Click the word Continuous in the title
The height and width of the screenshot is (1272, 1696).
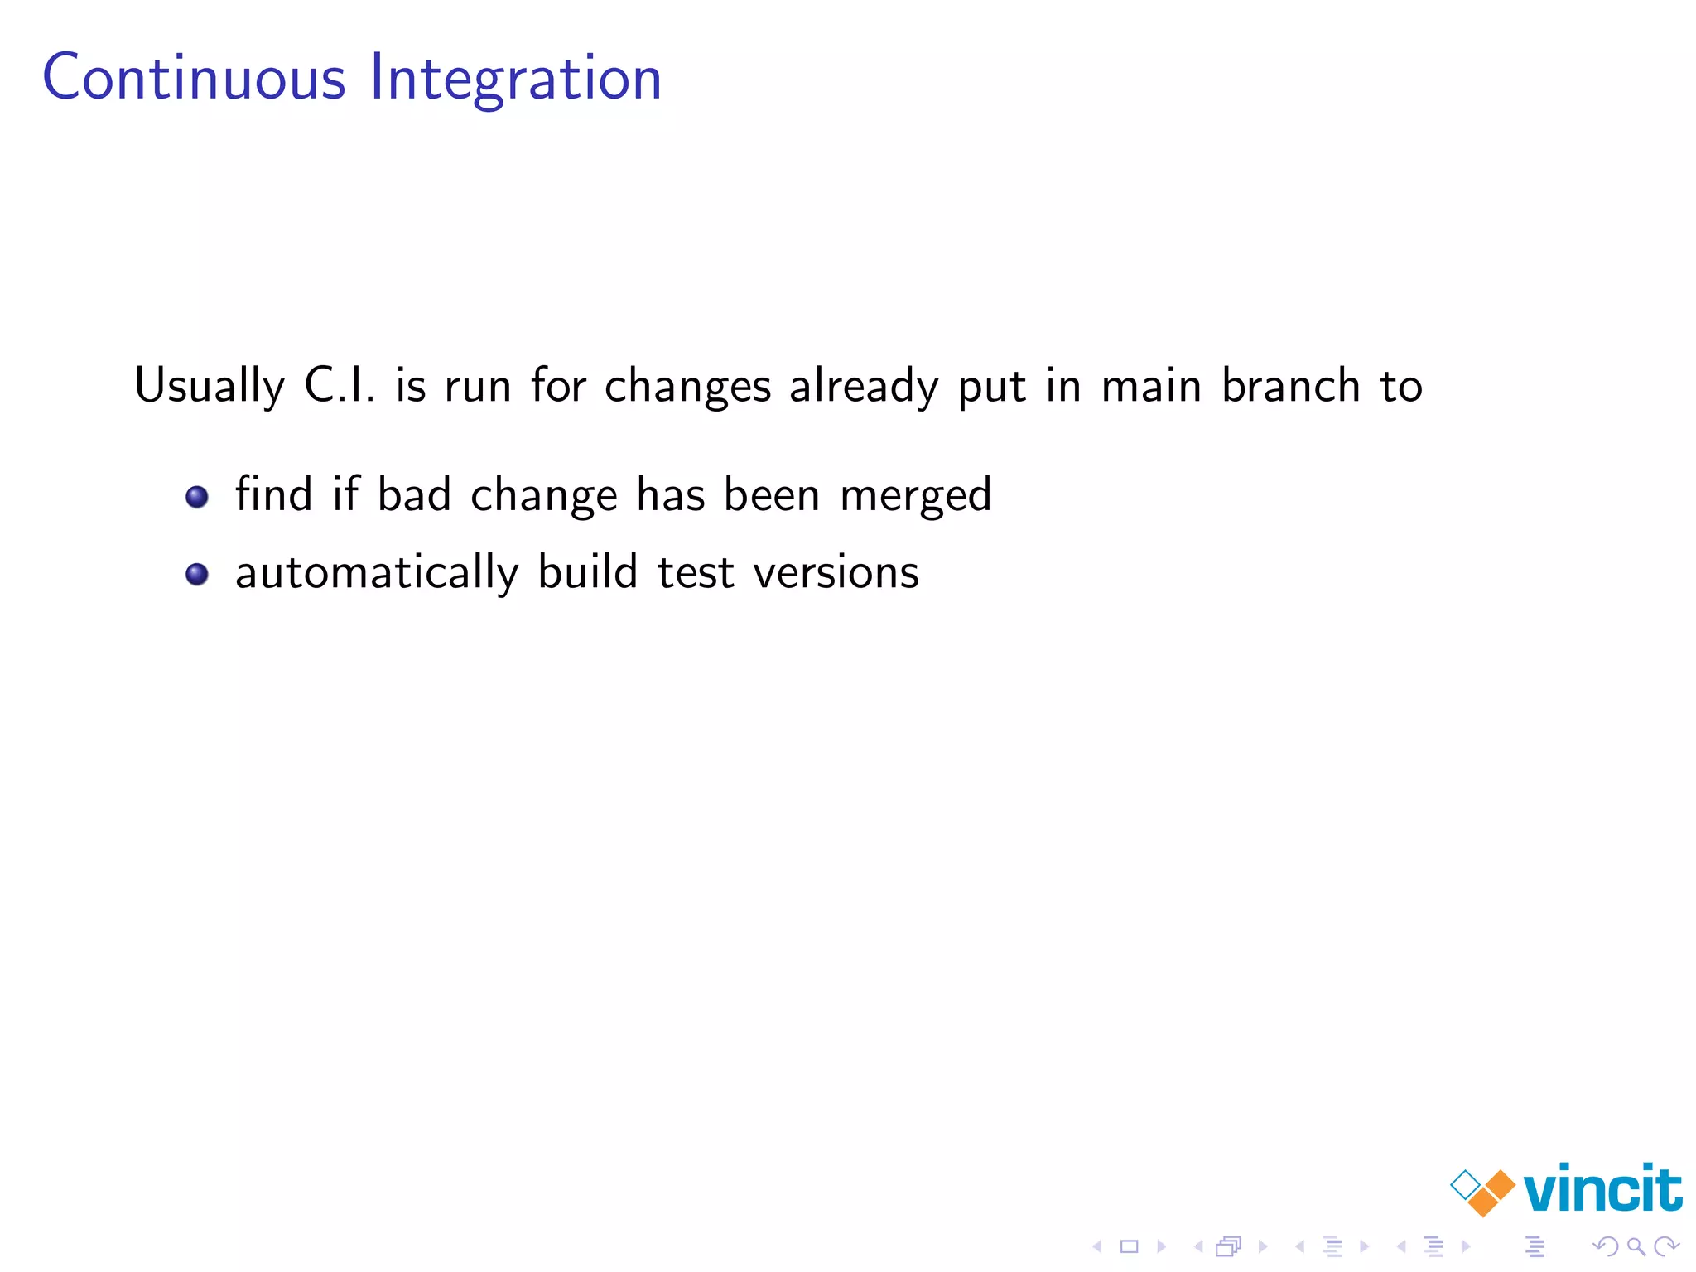194,78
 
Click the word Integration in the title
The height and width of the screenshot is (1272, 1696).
515,79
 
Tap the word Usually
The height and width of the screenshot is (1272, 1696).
210,387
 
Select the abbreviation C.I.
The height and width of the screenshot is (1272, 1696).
339,385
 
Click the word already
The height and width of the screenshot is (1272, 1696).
863,387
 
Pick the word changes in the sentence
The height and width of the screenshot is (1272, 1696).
687,387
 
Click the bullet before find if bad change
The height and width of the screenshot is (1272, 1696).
197,497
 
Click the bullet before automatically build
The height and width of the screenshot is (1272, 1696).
197,574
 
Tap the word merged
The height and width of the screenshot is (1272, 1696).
915,496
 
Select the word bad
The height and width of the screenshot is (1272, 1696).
414,494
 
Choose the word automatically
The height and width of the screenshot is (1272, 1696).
377,573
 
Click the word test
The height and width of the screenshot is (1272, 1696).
695,572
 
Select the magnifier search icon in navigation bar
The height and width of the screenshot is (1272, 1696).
1636,1245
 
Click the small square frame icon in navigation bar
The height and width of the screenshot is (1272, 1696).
1129,1246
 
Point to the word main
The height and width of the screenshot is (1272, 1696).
1151,385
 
